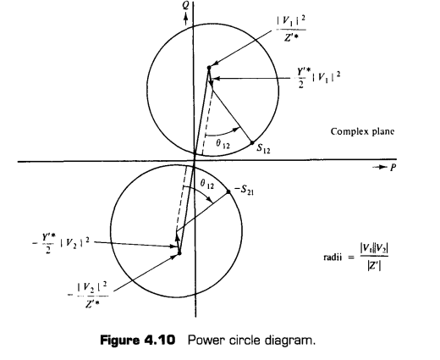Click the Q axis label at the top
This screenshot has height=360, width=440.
point(185,5)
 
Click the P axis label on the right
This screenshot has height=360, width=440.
point(393,168)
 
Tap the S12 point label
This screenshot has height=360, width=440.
point(263,149)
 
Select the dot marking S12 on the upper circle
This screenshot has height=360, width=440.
point(252,143)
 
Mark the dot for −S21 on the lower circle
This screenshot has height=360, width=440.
point(228,192)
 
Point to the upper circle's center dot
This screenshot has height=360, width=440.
point(209,68)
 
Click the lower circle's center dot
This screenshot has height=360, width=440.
point(179,253)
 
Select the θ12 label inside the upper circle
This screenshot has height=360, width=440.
point(223,144)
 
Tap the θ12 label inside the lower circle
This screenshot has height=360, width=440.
point(207,185)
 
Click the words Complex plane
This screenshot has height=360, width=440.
point(362,131)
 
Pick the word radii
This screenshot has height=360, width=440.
point(333,258)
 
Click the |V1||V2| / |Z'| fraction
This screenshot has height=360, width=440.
point(374,257)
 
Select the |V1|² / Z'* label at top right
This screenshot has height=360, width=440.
point(291,29)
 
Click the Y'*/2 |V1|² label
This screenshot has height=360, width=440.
point(318,78)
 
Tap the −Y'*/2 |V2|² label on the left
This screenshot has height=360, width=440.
point(61,244)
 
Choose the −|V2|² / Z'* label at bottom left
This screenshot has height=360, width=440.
point(88,295)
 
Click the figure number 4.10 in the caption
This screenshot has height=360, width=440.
point(160,340)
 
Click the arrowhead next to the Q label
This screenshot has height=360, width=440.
point(185,17)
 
